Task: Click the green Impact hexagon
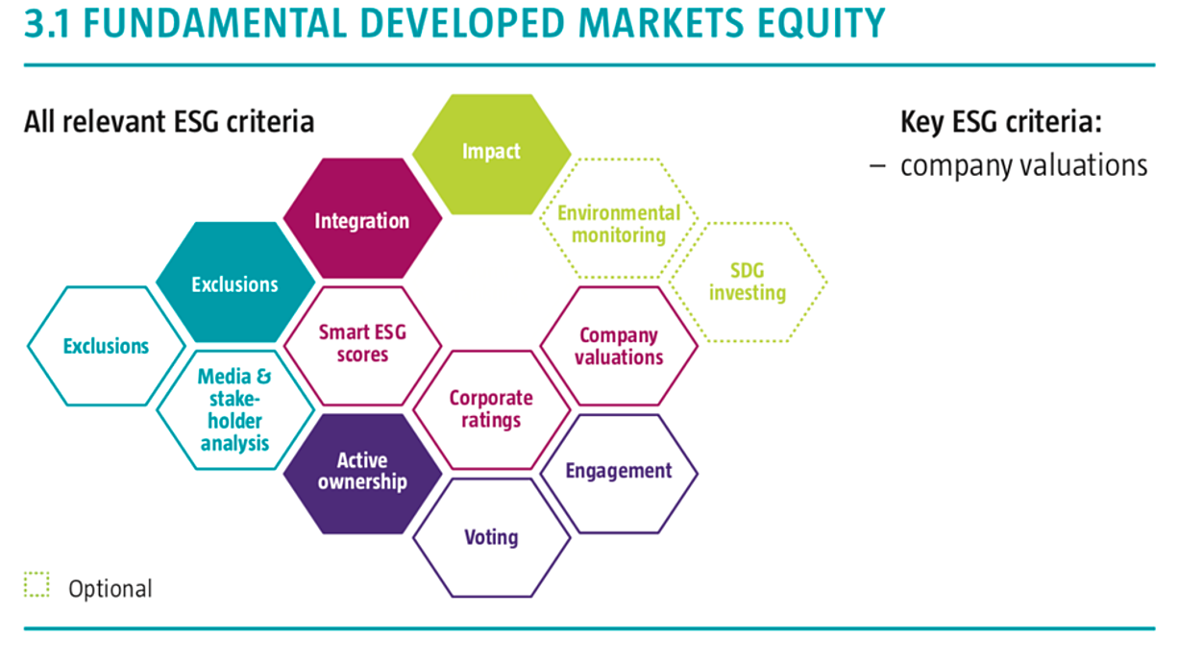pos(491,154)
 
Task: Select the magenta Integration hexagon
pos(362,218)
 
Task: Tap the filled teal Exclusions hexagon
pos(235,282)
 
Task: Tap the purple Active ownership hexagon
pos(362,474)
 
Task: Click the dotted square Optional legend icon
pos(37,584)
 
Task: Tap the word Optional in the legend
pos(110,589)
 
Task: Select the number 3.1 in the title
pos(47,23)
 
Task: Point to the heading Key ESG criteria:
pos(1001,122)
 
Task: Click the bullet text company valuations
pos(1024,165)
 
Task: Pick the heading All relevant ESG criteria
pos(169,122)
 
